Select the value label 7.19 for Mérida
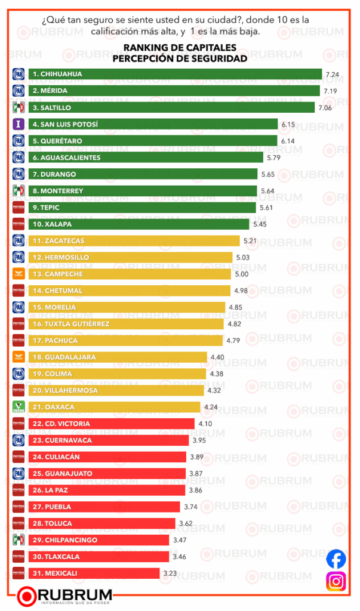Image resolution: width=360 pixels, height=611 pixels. (x=330, y=91)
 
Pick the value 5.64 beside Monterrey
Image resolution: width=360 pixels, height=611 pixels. (x=268, y=191)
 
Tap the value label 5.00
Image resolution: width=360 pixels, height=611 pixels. (x=241, y=274)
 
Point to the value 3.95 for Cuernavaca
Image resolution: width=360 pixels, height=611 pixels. (x=199, y=440)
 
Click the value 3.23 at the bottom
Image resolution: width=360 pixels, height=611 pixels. (x=170, y=573)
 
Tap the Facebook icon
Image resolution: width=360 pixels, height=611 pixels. (x=336, y=559)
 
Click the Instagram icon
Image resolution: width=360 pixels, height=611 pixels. (x=336, y=581)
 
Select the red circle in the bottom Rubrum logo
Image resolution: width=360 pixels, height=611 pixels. (x=27, y=596)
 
